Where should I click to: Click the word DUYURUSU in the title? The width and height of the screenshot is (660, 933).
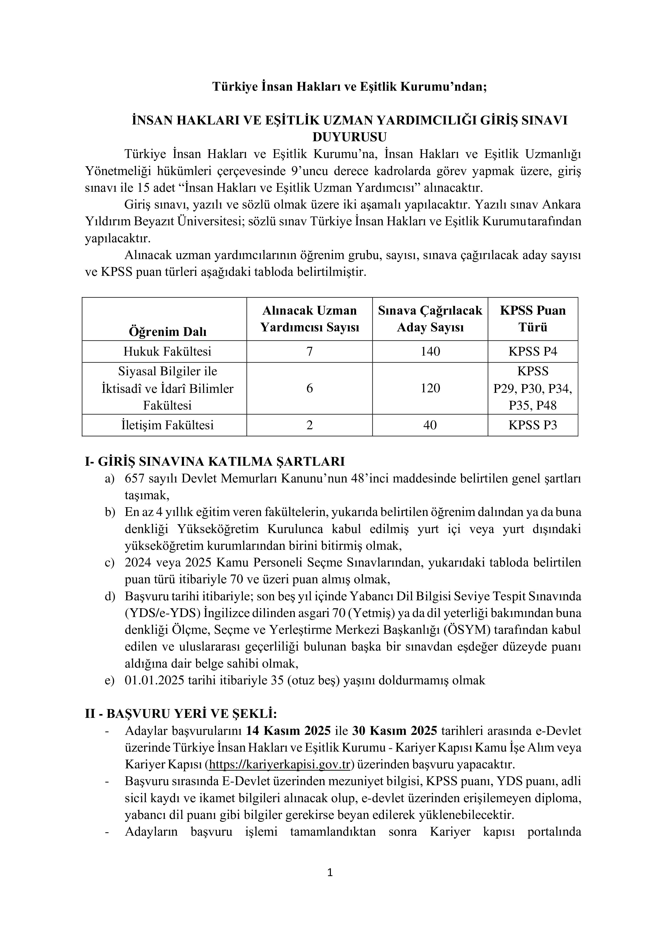coord(350,137)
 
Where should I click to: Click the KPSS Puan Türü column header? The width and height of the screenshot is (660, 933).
coord(532,319)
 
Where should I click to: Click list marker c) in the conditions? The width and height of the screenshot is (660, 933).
coord(110,563)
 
